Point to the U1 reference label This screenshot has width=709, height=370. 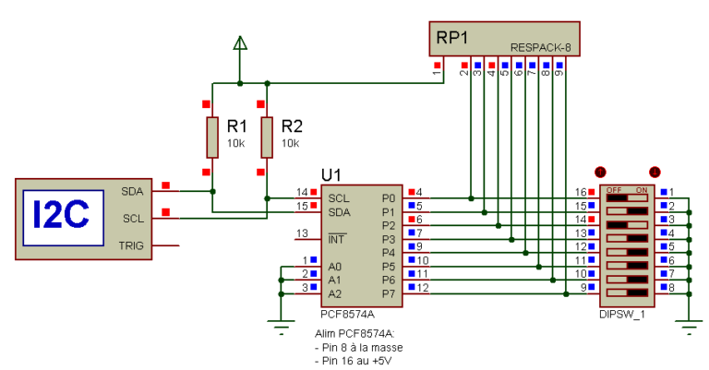pyautogui.click(x=331, y=174)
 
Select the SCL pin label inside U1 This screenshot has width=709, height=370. pyautogui.click(x=339, y=197)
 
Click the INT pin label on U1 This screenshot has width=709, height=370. pyautogui.click(x=336, y=239)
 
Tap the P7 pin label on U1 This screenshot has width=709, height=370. pyautogui.click(x=388, y=293)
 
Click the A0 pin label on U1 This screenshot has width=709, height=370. pyautogui.click(x=335, y=266)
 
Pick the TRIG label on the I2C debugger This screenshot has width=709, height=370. pyautogui.click(x=133, y=245)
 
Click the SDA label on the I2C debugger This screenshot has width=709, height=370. pyautogui.click(x=133, y=192)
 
